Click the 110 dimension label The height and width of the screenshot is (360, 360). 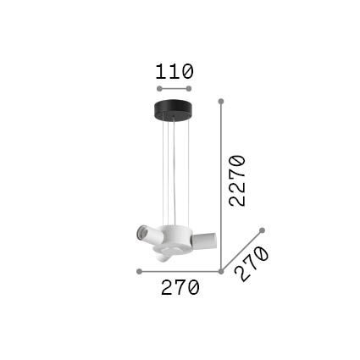pos(174,71)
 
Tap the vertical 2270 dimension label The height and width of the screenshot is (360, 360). pos(237,180)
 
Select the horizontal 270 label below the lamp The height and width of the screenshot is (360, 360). pos(180,287)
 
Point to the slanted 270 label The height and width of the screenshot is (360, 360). pos(251,263)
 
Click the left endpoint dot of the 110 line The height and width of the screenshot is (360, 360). pos(159,89)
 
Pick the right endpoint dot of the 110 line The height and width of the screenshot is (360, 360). pos(189,89)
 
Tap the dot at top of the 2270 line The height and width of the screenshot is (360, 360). pos(221,102)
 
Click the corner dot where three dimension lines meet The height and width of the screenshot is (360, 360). pos(221,271)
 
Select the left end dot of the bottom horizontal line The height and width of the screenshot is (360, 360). pos(139,271)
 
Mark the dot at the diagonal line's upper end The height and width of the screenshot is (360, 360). pos(262,230)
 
